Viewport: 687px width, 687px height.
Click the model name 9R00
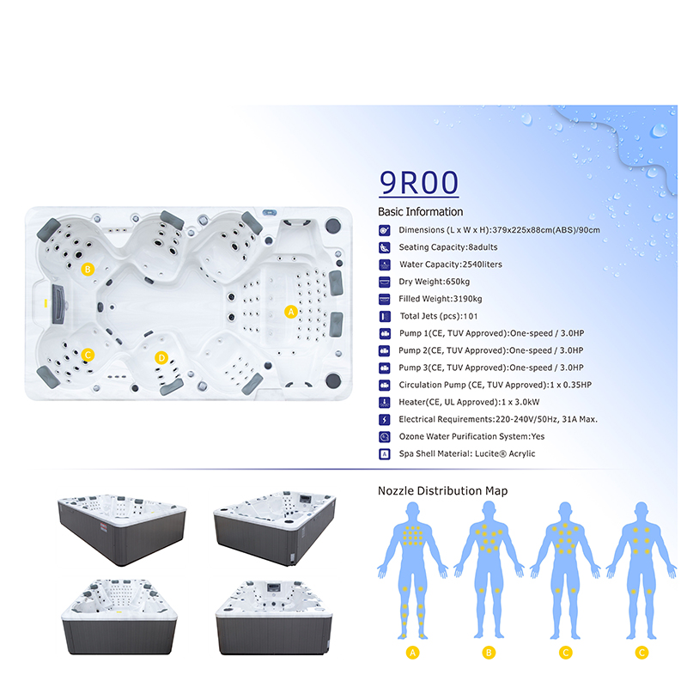pyautogui.click(x=419, y=183)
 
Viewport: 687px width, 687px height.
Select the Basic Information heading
pyautogui.click(x=420, y=211)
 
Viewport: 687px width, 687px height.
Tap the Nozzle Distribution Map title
pyautogui.click(x=442, y=490)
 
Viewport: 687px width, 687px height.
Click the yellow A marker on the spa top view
pyautogui.click(x=291, y=312)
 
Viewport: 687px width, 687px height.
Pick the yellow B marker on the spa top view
pyautogui.click(x=88, y=269)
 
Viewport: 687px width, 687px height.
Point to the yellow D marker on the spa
pyautogui.click(x=161, y=358)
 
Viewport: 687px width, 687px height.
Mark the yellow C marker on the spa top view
pyautogui.click(x=88, y=355)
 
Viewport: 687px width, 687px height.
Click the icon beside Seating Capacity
pyautogui.click(x=384, y=247)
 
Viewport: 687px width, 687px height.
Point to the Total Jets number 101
pyautogui.click(x=470, y=316)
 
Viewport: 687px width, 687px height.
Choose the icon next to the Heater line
pyautogui.click(x=384, y=402)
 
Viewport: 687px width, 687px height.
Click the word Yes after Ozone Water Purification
pyautogui.click(x=538, y=436)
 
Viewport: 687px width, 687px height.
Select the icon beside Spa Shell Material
pyautogui.click(x=384, y=454)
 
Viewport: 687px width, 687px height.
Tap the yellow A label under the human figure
pyautogui.click(x=412, y=653)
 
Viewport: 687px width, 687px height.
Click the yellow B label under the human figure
pyautogui.click(x=489, y=653)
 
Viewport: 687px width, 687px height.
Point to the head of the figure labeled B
pyautogui.click(x=489, y=510)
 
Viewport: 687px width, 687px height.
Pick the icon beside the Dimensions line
pyautogui.click(x=384, y=230)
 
